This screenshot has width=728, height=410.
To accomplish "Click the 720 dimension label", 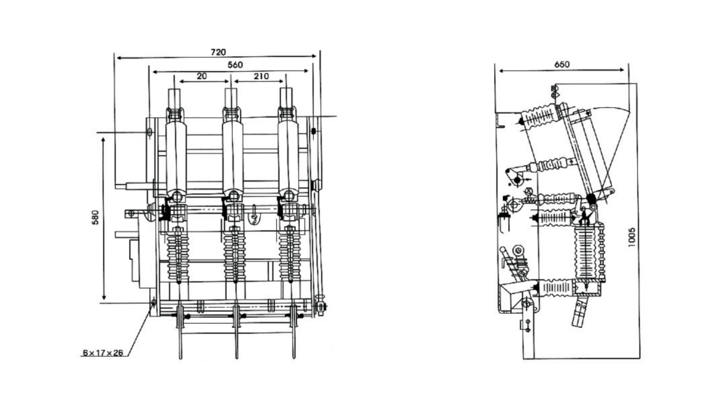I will [x=218, y=52].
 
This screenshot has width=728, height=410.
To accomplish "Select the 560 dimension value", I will [x=235, y=65].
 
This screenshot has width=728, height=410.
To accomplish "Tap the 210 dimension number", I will [x=261, y=76].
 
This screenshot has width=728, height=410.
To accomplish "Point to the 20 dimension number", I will [x=202, y=76].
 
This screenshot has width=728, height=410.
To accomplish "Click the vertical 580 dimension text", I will [x=95, y=217].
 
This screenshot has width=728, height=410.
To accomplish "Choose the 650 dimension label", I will [x=562, y=65].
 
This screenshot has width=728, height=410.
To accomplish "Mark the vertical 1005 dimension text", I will [x=631, y=237].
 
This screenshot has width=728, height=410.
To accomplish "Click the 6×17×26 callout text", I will [x=103, y=353].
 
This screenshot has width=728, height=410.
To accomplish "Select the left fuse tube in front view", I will [x=176, y=156].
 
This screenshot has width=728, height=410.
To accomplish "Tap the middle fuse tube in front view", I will [x=232, y=156].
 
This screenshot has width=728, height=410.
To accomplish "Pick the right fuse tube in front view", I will [x=288, y=156].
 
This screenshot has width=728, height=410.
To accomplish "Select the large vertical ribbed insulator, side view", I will [x=585, y=252].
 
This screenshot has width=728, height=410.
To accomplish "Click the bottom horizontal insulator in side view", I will [x=555, y=288].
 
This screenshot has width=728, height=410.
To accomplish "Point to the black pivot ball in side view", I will [x=591, y=198].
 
